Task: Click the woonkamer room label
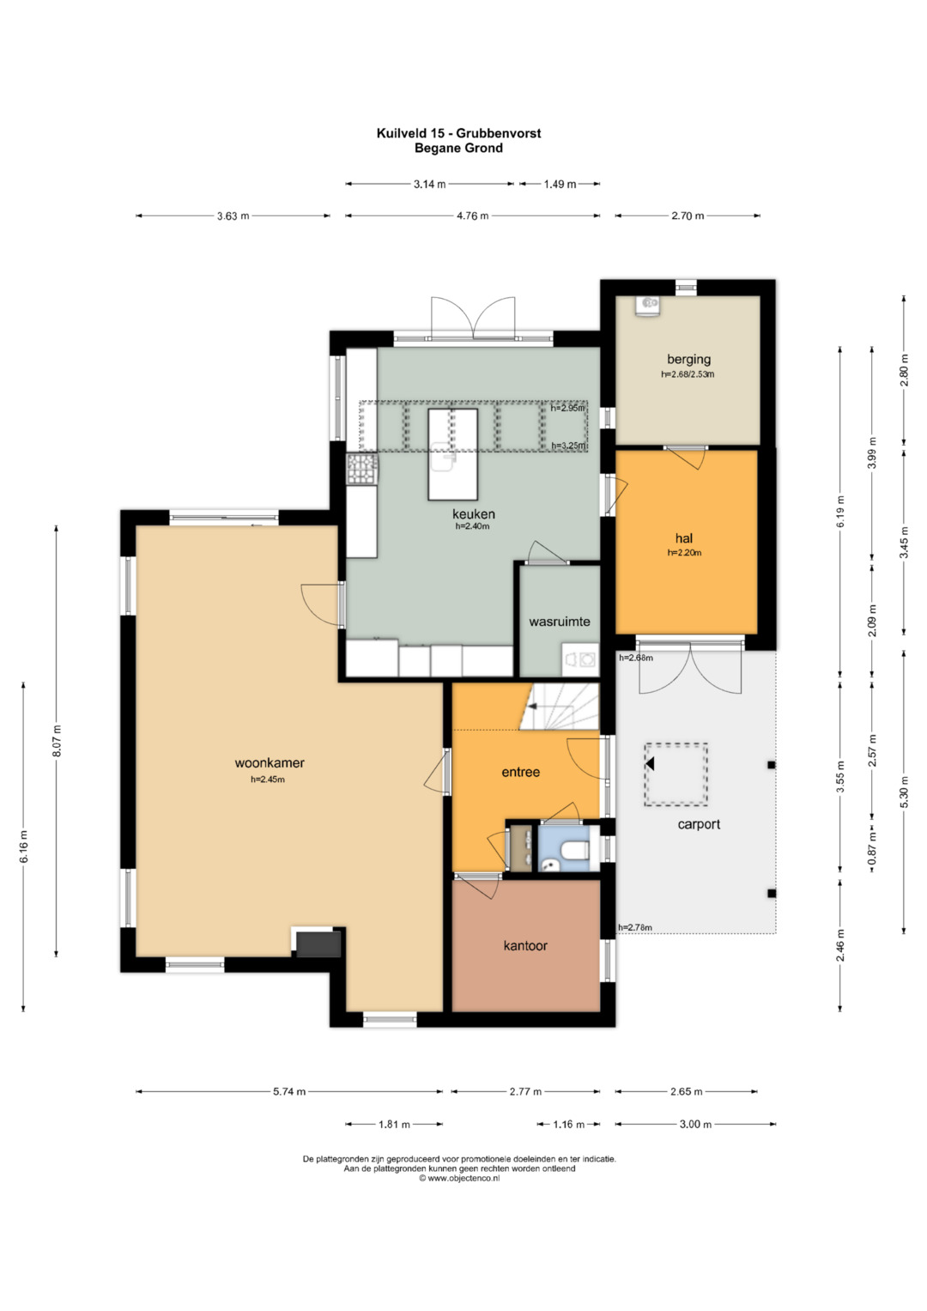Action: coord(270,763)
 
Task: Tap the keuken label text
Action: coord(474,514)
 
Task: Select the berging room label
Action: coord(688,359)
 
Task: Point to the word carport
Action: coord(699,825)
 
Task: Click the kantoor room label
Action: coord(525,945)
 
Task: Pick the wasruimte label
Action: coord(560,622)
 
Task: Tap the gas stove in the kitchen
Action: coord(361,470)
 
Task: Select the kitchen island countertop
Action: coord(452,454)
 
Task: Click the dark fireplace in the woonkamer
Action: coord(318,944)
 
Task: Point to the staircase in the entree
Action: coord(560,706)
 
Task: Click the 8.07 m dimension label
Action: coord(57,741)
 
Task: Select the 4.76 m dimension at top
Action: coord(472,216)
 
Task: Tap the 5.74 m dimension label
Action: coord(289,1091)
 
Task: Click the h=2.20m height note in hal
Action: coord(684,553)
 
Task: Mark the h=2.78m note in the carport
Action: coord(635,927)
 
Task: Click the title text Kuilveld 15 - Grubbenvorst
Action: coord(459,133)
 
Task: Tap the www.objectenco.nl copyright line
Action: coord(459,1178)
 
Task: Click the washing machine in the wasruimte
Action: coord(580,659)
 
